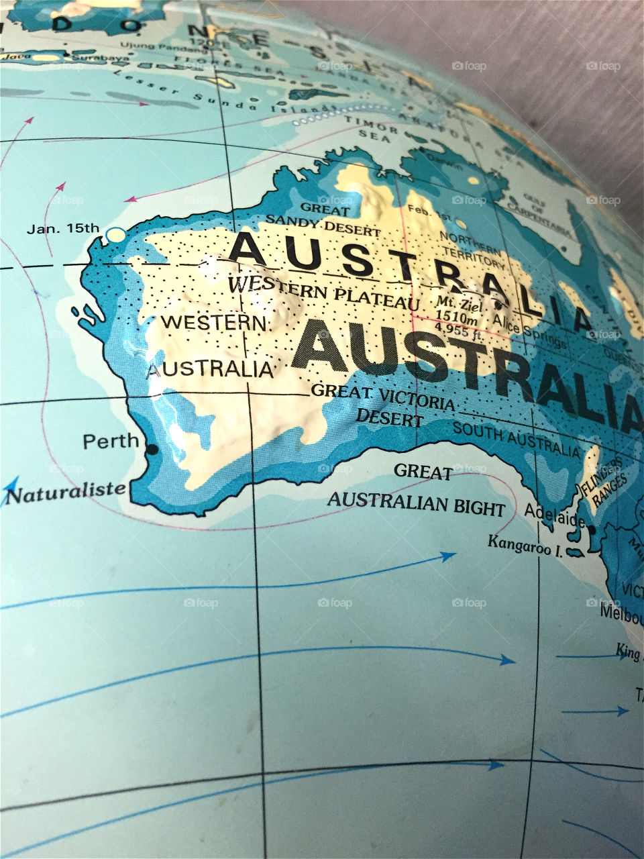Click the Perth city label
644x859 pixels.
(x=111, y=442)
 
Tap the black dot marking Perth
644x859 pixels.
(x=152, y=449)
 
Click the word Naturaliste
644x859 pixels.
(x=66, y=493)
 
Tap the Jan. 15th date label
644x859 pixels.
(x=63, y=228)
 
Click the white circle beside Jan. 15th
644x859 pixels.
(x=116, y=236)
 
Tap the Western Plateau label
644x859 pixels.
(x=323, y=292)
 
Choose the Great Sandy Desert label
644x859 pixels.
(x=323, y=219)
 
